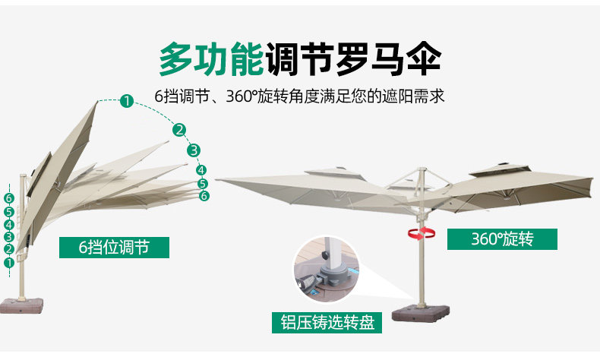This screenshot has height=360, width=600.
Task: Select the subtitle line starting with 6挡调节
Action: [299, 97]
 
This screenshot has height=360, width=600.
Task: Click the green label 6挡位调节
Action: [114, 248]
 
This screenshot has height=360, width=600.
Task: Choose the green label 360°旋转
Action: [502, 239]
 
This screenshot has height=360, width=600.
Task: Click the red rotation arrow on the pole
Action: [416, 233]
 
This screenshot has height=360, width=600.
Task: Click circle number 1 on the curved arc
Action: [127, 99]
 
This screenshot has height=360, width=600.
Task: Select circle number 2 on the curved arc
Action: [180, 129]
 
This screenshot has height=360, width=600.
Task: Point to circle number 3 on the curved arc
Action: [194, 150]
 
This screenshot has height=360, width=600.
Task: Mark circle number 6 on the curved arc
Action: [204, 196]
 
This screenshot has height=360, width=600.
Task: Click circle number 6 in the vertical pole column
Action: [9, 198]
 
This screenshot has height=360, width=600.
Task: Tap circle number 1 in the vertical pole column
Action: [9, 263]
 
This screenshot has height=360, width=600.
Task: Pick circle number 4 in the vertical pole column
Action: [9, 224]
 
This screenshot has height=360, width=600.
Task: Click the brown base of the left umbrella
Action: [21, 305]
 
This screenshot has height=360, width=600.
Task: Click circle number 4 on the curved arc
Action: [201, 170]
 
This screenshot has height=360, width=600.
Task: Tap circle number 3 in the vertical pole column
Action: [9, 237]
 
